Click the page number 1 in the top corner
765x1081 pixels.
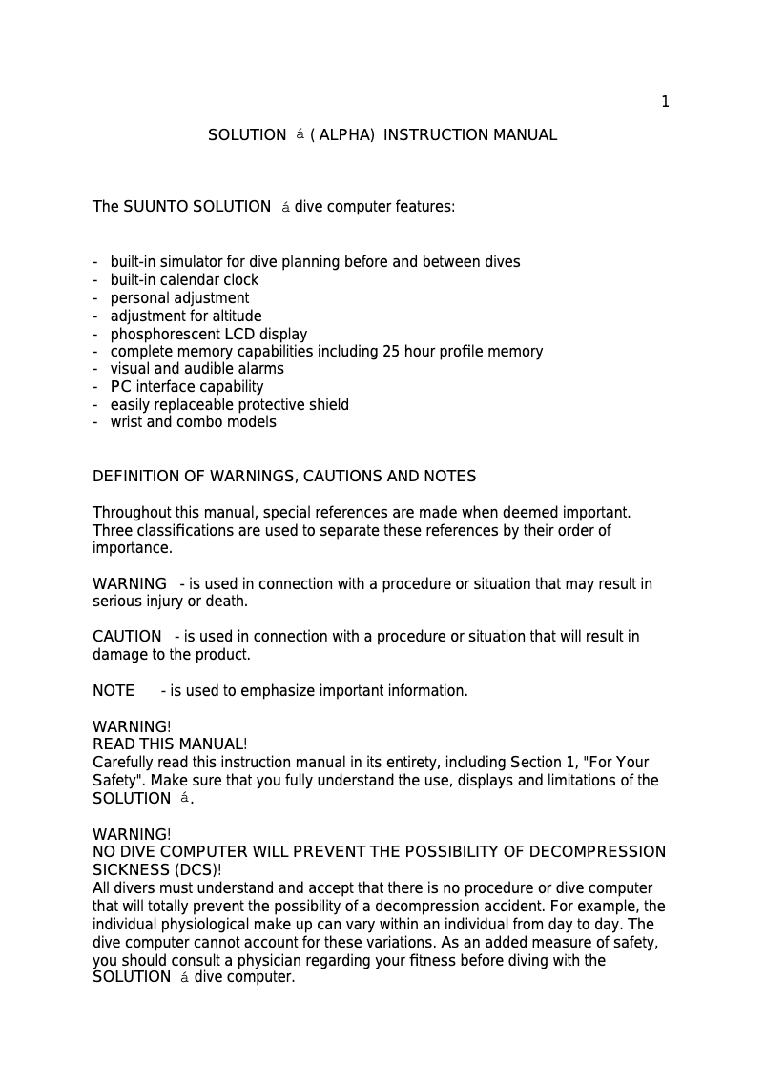pyautogui.click(x=665, y=102)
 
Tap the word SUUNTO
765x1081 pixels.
pyautogui.click(x=155, y=207)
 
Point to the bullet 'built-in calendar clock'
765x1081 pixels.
pyautogui.click(x=184, y=280)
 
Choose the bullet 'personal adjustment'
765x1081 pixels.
pyautogui.click(x=179, y=298)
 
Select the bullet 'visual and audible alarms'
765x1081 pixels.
pyautogui.click(x=196, y=369)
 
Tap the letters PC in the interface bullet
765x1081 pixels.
pyautogui.click(x=120, y=387)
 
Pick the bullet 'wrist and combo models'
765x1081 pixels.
pyautogui.click(x=193, y=422)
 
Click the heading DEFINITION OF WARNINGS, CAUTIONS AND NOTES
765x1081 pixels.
pyautogui.click(x=284, y=477)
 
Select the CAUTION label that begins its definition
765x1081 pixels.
pyautogui.click(x=127, y=637)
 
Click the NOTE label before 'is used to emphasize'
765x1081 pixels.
pyautogui.click(x=114, y=691)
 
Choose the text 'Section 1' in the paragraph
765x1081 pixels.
pyautogui.click(x=542, y=763)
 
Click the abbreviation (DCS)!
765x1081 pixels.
pyautogui.click(x=197, y=870)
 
